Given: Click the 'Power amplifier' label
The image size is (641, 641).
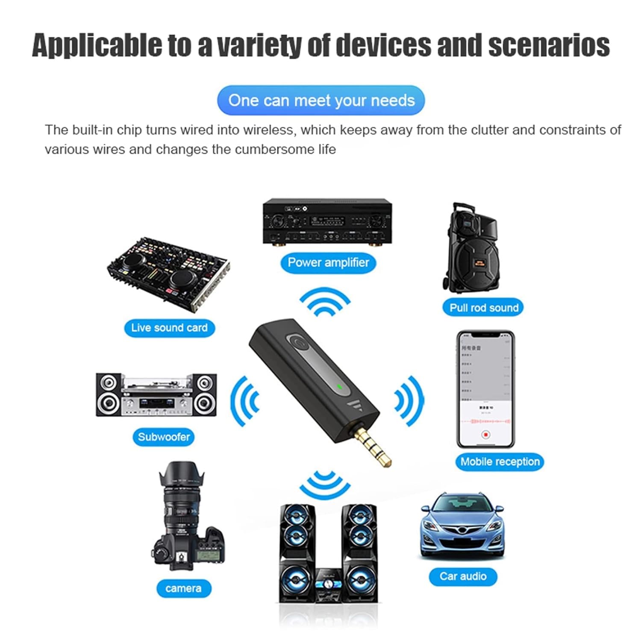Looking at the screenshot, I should (328, 262).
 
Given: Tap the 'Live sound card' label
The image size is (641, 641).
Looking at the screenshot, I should (169, 328).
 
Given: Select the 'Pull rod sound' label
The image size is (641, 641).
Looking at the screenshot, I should (483, 308).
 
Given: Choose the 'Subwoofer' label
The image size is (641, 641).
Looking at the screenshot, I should (164, 437).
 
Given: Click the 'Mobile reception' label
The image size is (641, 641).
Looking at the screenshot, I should (500, 462).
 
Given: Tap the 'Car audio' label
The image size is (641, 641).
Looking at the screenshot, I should (463, 576).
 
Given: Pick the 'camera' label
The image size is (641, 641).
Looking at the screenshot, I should (183, 588).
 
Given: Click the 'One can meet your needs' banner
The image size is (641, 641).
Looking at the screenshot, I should (321, 101).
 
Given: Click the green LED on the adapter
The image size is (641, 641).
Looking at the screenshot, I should (339, 388).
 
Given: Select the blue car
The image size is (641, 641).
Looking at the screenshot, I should (462, 526).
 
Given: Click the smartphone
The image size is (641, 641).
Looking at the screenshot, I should (485, 389).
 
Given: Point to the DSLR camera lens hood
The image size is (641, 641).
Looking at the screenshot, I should (181, 474).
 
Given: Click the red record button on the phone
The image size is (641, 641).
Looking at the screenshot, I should (485, 435).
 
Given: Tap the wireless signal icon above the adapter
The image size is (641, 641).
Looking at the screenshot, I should (325, 303).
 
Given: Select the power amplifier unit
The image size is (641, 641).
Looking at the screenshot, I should (327, 221).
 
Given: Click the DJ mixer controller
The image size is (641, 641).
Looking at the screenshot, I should (168, 273).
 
